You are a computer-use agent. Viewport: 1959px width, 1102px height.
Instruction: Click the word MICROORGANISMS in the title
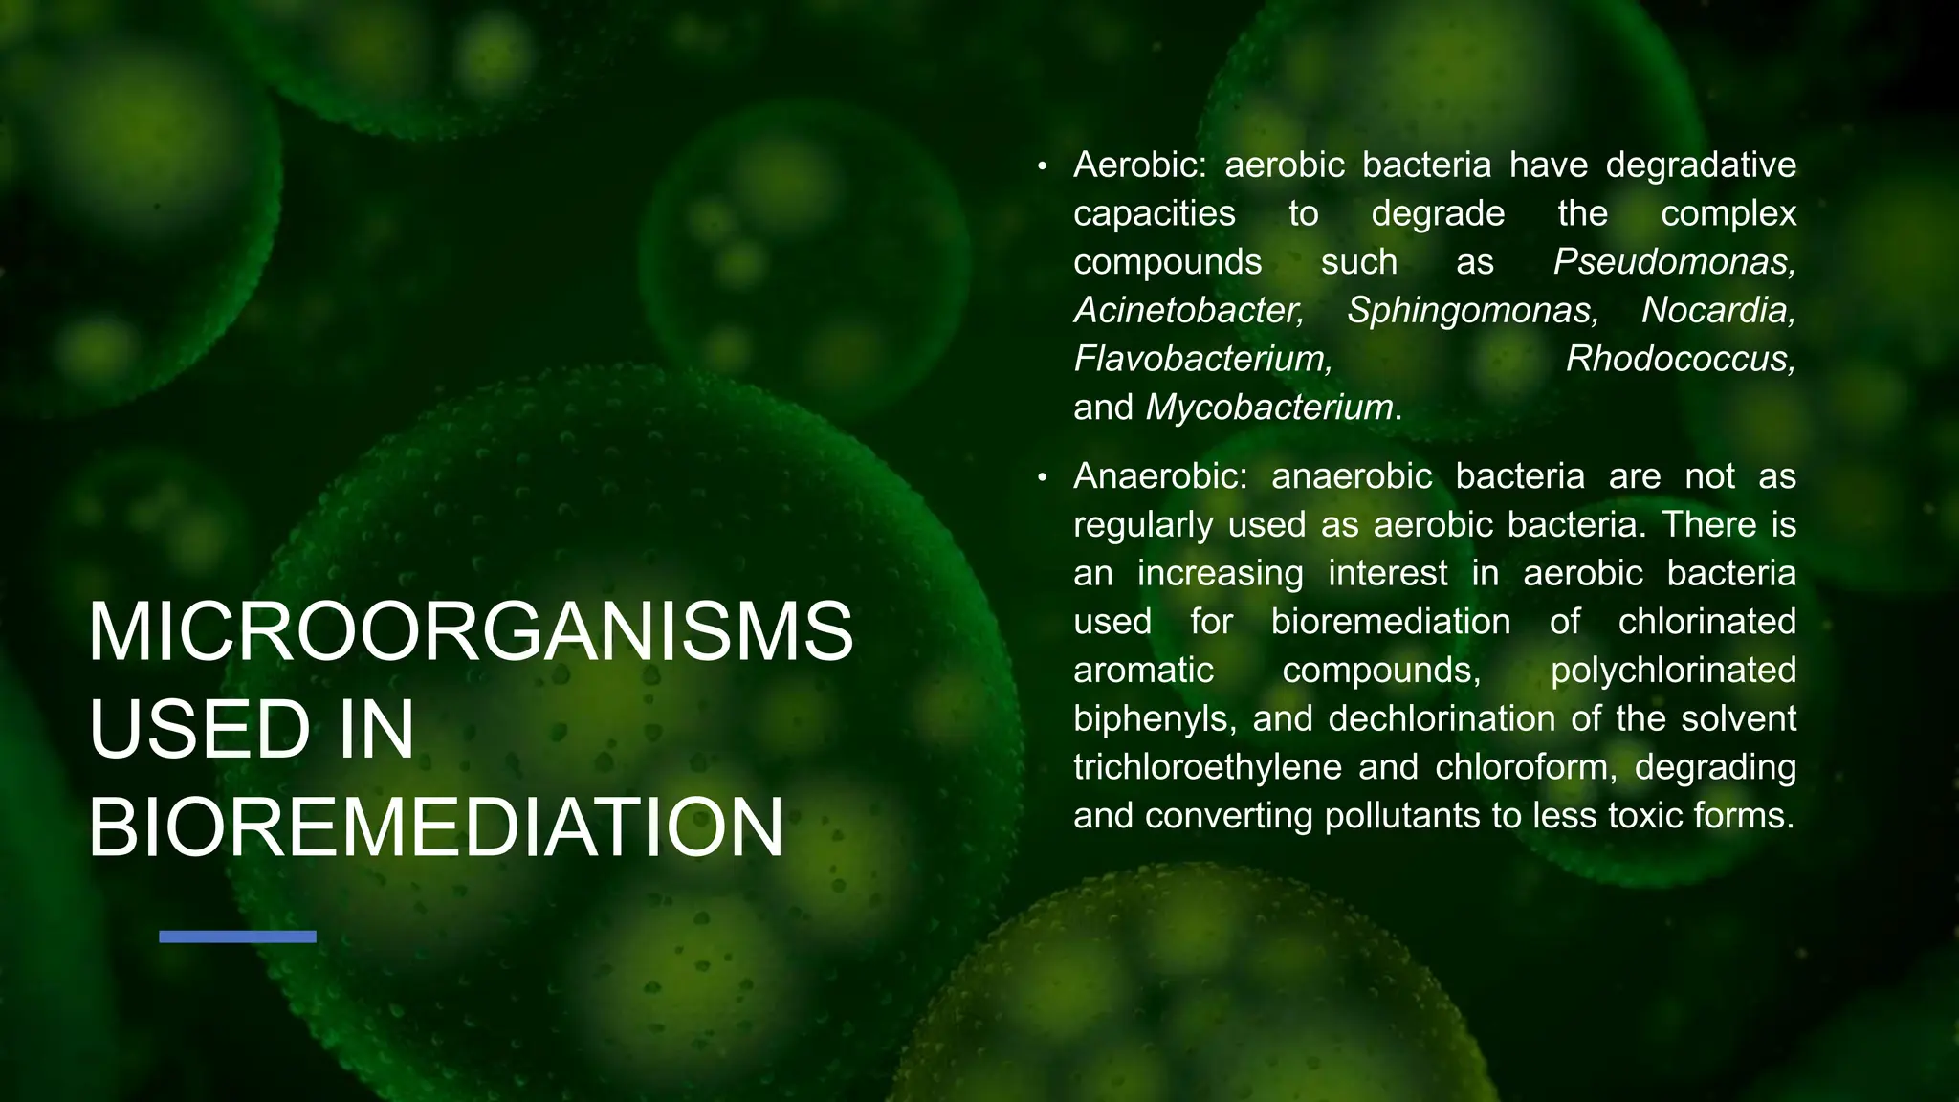(x=470, y=632)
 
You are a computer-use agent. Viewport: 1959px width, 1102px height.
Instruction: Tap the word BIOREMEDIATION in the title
(x=436, y=827)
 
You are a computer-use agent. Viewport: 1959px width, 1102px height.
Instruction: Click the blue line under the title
(x=237, y=937)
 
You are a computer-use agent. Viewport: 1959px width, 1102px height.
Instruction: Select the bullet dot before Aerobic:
(x=1043, y=167)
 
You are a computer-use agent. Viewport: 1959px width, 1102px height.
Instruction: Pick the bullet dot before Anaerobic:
(x=1043, y=478)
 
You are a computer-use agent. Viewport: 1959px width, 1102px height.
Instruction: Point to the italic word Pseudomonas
(x=1674, y=262)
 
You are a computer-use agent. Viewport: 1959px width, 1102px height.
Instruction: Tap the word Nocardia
(x=1719, y=311)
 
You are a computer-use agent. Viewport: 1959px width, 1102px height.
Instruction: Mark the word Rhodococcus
(x=1681, y=360)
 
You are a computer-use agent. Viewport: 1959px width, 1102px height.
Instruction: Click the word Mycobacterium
(x=1269, y=408)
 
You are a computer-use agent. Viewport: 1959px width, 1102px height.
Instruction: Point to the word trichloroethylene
(x=1207, y=767)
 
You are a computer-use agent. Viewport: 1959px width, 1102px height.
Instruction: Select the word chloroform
(x=1524, y=767)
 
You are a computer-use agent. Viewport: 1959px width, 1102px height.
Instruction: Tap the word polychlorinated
(x=1673, y=671)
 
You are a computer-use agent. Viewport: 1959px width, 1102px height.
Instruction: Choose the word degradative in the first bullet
(x=1701, y=165)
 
